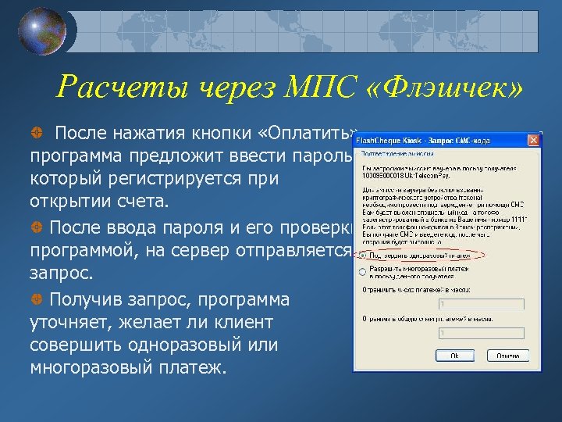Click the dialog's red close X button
click(x=533, y=141)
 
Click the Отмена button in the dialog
click(x=508, y=355)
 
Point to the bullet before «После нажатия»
click(x=37, y=129)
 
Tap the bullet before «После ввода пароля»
click(x=37, y=227)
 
